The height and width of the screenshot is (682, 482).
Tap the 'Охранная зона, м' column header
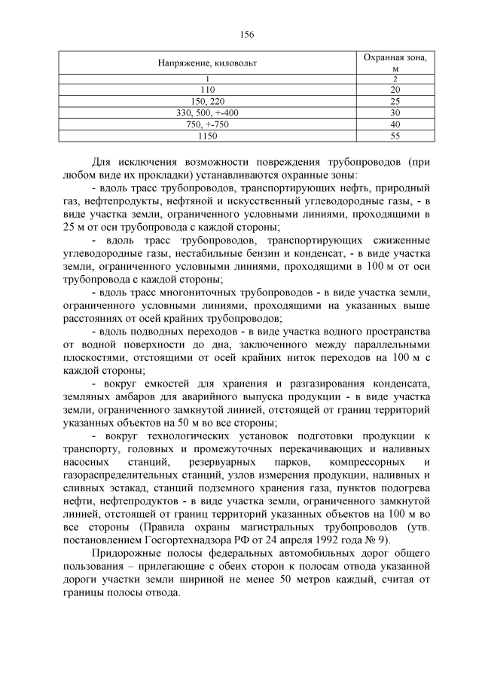(395, 63)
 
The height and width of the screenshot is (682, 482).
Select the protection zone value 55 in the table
(395, 136)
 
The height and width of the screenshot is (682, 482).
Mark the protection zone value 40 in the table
(395, 124)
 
